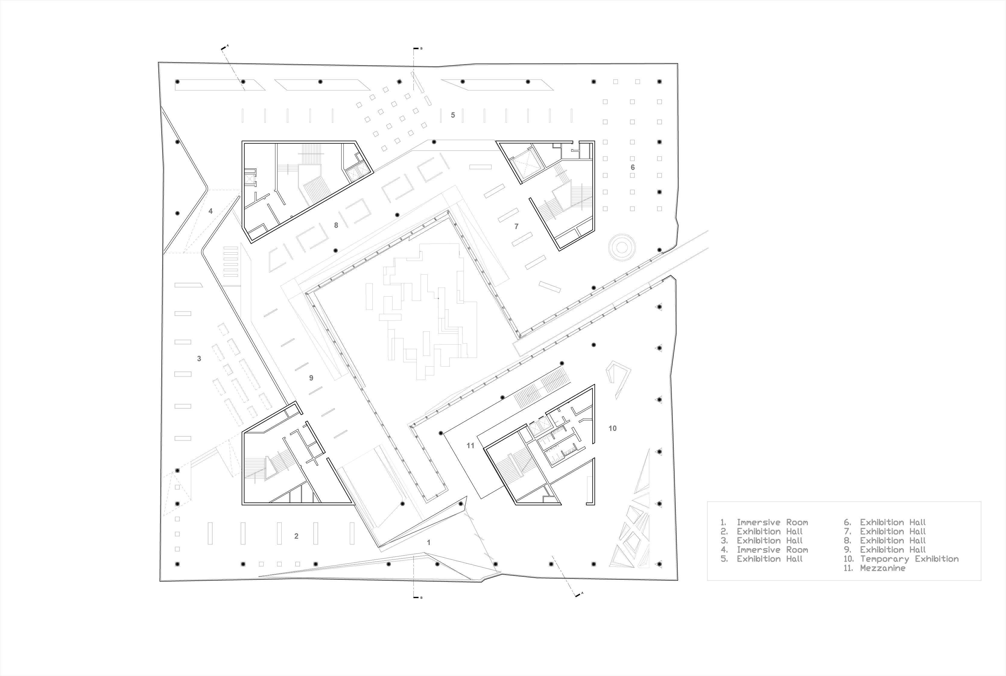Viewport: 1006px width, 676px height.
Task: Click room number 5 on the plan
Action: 453,115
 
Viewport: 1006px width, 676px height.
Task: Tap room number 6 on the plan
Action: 632,167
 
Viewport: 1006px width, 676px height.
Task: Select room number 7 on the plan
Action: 517,226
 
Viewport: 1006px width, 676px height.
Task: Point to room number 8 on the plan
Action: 336,225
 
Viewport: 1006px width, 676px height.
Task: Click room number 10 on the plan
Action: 612,429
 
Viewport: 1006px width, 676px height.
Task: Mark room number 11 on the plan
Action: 470,446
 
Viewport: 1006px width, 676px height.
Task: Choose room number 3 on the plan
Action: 199,358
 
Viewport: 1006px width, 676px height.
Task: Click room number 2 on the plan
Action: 296,536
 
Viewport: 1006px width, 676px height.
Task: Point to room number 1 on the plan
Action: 428,542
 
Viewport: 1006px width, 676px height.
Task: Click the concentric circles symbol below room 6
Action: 622,247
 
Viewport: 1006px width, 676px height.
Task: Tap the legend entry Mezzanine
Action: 875,568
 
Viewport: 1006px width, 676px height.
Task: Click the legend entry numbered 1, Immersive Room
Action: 764,522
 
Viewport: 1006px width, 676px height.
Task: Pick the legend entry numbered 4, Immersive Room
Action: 764,550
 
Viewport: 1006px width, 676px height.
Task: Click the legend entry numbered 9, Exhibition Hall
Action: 884,550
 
